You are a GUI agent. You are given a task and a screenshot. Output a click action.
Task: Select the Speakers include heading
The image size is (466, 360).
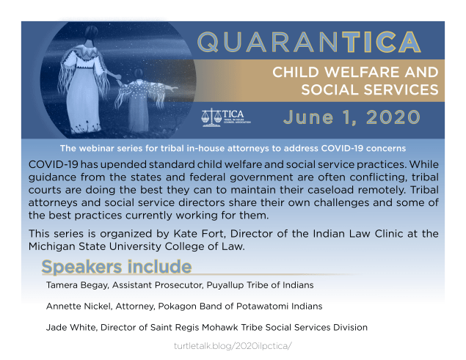click(x=117, y=266)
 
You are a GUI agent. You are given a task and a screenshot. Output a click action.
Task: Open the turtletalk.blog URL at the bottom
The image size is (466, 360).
click(x=233, y=344)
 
